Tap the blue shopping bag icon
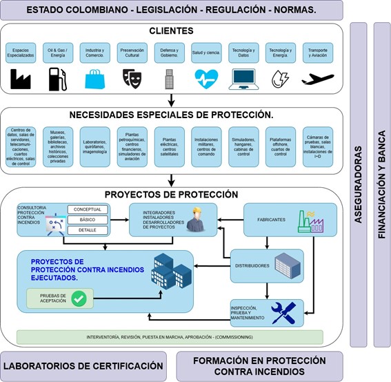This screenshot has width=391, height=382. [x=95, y=79]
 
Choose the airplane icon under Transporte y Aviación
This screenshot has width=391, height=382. [x=317, y=78]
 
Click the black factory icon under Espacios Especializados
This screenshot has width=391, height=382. [x=21, y=79]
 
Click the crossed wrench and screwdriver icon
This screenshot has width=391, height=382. [x=283, y=312]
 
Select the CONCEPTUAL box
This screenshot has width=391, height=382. [x=88, y=209]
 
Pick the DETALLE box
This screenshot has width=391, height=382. [x=88, y=229]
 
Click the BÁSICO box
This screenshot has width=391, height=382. [x=88, y=220]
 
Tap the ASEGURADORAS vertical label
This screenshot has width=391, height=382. [x=359, y=184]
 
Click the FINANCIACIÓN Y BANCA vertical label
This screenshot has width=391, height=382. [x=381, y=184]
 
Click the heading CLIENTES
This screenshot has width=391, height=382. [x=170, y=31]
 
